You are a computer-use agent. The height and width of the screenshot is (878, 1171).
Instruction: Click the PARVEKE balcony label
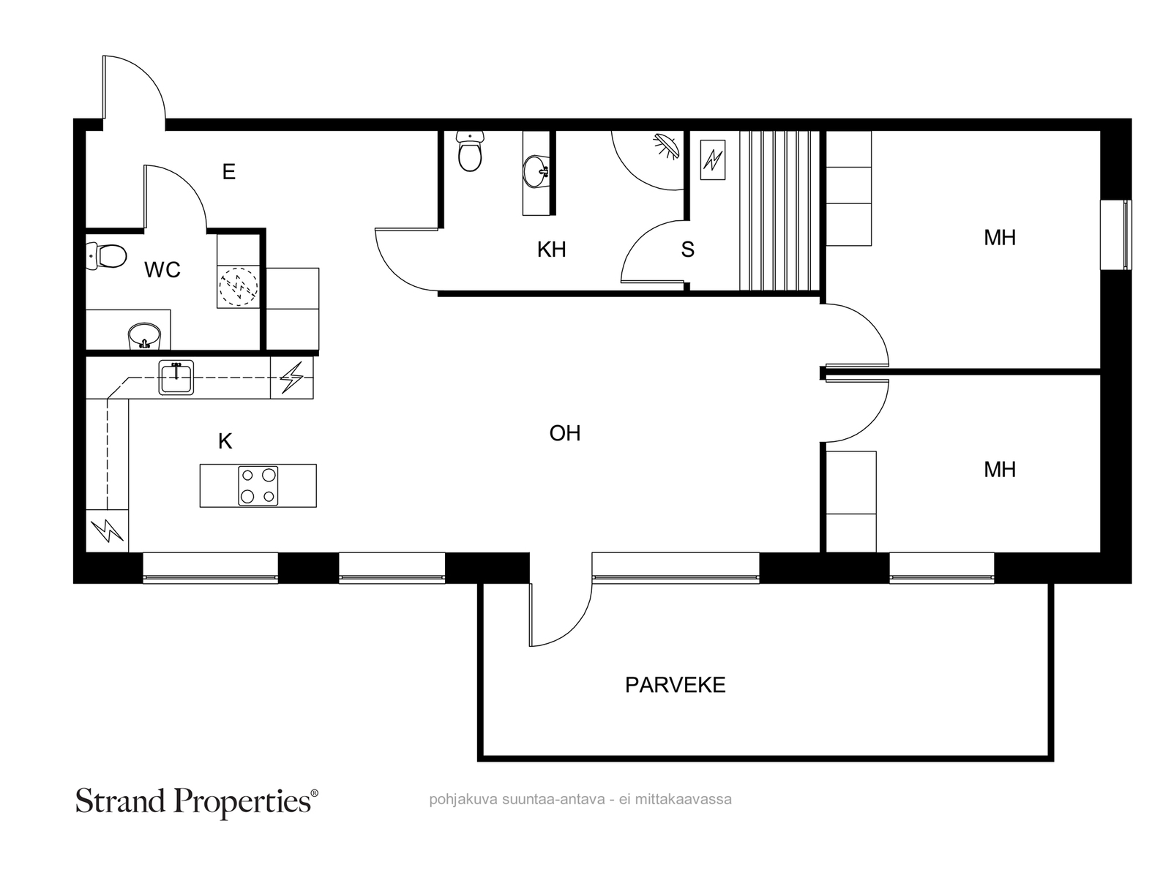675,685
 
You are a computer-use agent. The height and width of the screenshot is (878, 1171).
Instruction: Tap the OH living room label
565,433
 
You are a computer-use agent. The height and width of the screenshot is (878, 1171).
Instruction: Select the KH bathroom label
551,249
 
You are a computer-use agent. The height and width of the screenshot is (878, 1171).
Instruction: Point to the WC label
162,270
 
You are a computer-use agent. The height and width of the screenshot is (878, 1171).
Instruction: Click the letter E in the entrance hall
229,172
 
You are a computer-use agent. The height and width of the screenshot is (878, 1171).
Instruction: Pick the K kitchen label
225,441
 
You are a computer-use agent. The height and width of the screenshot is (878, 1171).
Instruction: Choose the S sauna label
688,249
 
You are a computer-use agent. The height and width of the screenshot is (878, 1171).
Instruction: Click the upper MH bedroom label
1000,238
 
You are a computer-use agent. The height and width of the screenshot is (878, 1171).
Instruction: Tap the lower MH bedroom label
1000,470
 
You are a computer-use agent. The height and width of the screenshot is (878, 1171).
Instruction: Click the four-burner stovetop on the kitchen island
258,486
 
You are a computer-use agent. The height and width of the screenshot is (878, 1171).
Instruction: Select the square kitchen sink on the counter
176,378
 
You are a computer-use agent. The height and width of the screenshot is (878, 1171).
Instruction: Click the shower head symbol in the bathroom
666,146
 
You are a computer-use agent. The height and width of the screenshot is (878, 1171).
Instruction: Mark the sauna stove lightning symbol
713,160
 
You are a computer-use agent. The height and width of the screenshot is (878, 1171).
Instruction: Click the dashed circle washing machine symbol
239,287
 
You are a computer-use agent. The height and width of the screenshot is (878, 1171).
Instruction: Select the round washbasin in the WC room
144,336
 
